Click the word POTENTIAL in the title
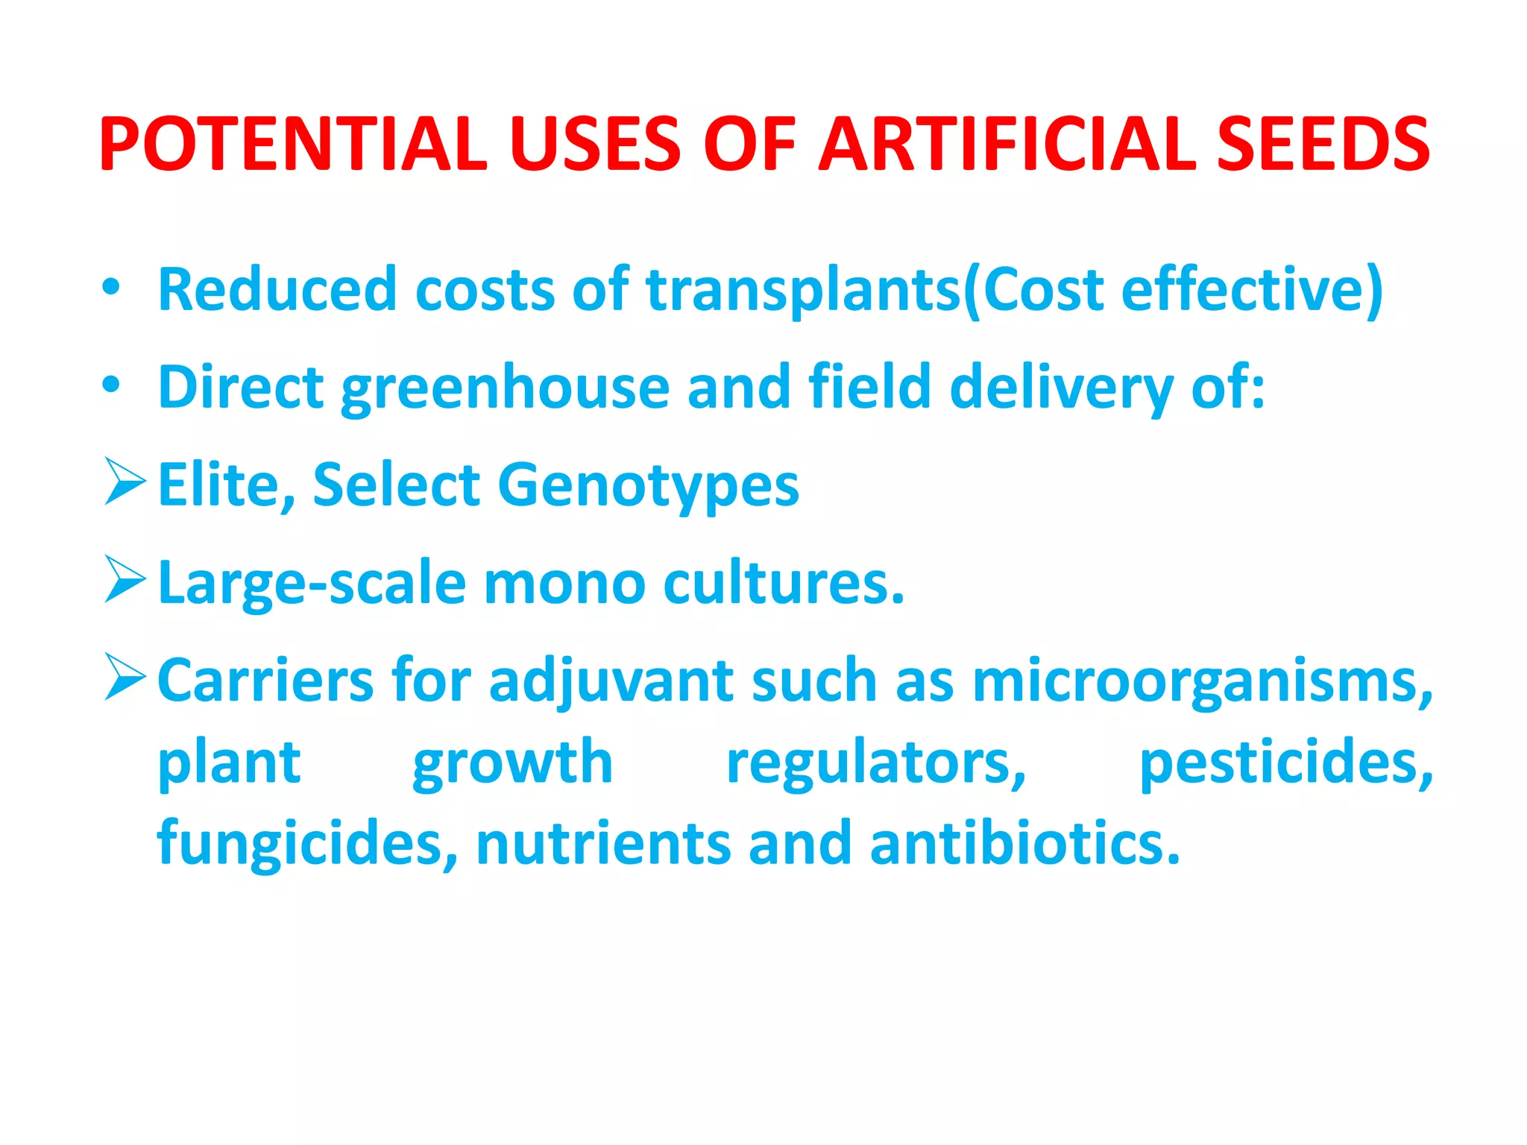pyautogui.click(x=293, y=144)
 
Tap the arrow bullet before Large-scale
pyautogui.click(x=125, y=579)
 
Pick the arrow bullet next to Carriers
pyautogui.click(x=125, y=677)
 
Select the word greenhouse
pyautogui.click(x=505, y=388)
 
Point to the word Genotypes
pyautogui.click(x=648, y=486)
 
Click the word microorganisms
pyautogui.click(x=1202, y=681)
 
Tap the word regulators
pyautogui.click(x=876, y=763)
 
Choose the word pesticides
pyautogui.click(x=1286, y=763)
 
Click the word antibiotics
pyautogui.click(x=1025, y=843)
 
